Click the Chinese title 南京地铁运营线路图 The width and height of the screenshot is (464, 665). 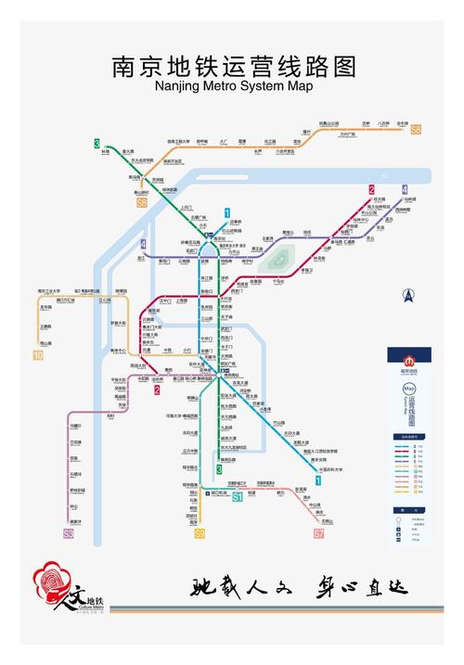tap(233, 67)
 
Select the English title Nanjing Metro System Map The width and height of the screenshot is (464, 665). tap(233, 86)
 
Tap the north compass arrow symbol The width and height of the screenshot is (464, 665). tap(406, 296)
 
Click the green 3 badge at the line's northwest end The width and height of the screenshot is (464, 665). tap(97, 143)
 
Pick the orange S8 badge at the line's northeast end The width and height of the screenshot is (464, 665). tap(416, 130)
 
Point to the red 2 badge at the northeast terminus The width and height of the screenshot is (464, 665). tap(371, 190)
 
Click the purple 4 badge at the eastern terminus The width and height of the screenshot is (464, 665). tap(405, 189)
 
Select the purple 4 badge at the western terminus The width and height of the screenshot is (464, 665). tap(143, 245)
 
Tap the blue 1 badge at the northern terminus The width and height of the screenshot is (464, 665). tap(226, 213)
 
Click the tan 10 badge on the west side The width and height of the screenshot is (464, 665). tap(38, 355)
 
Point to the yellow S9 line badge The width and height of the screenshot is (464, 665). tap(200, 533)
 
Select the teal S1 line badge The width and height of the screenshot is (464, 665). tap(238, 497)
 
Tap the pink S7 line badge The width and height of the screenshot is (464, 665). tap(319, 534)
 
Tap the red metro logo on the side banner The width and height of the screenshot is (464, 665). tap(406, 360)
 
